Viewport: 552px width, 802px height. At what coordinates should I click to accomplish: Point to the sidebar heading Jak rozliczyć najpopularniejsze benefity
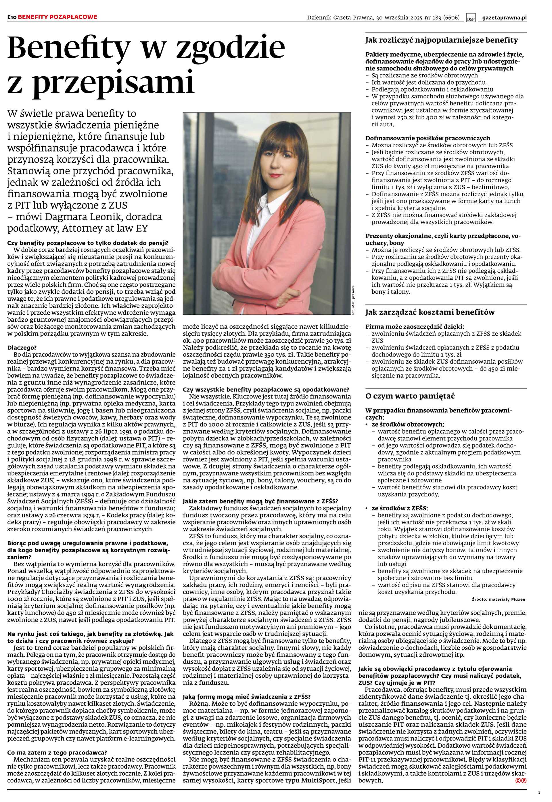tap(442, 40)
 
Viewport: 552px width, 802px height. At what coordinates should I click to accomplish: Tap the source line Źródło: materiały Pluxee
tap(498, 599)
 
